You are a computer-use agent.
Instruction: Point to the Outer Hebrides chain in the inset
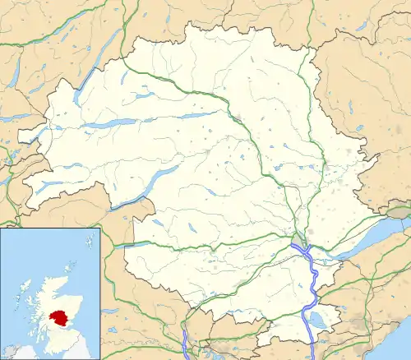tap(18, 289)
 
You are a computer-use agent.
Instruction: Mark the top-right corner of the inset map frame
tap(99, 229)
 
